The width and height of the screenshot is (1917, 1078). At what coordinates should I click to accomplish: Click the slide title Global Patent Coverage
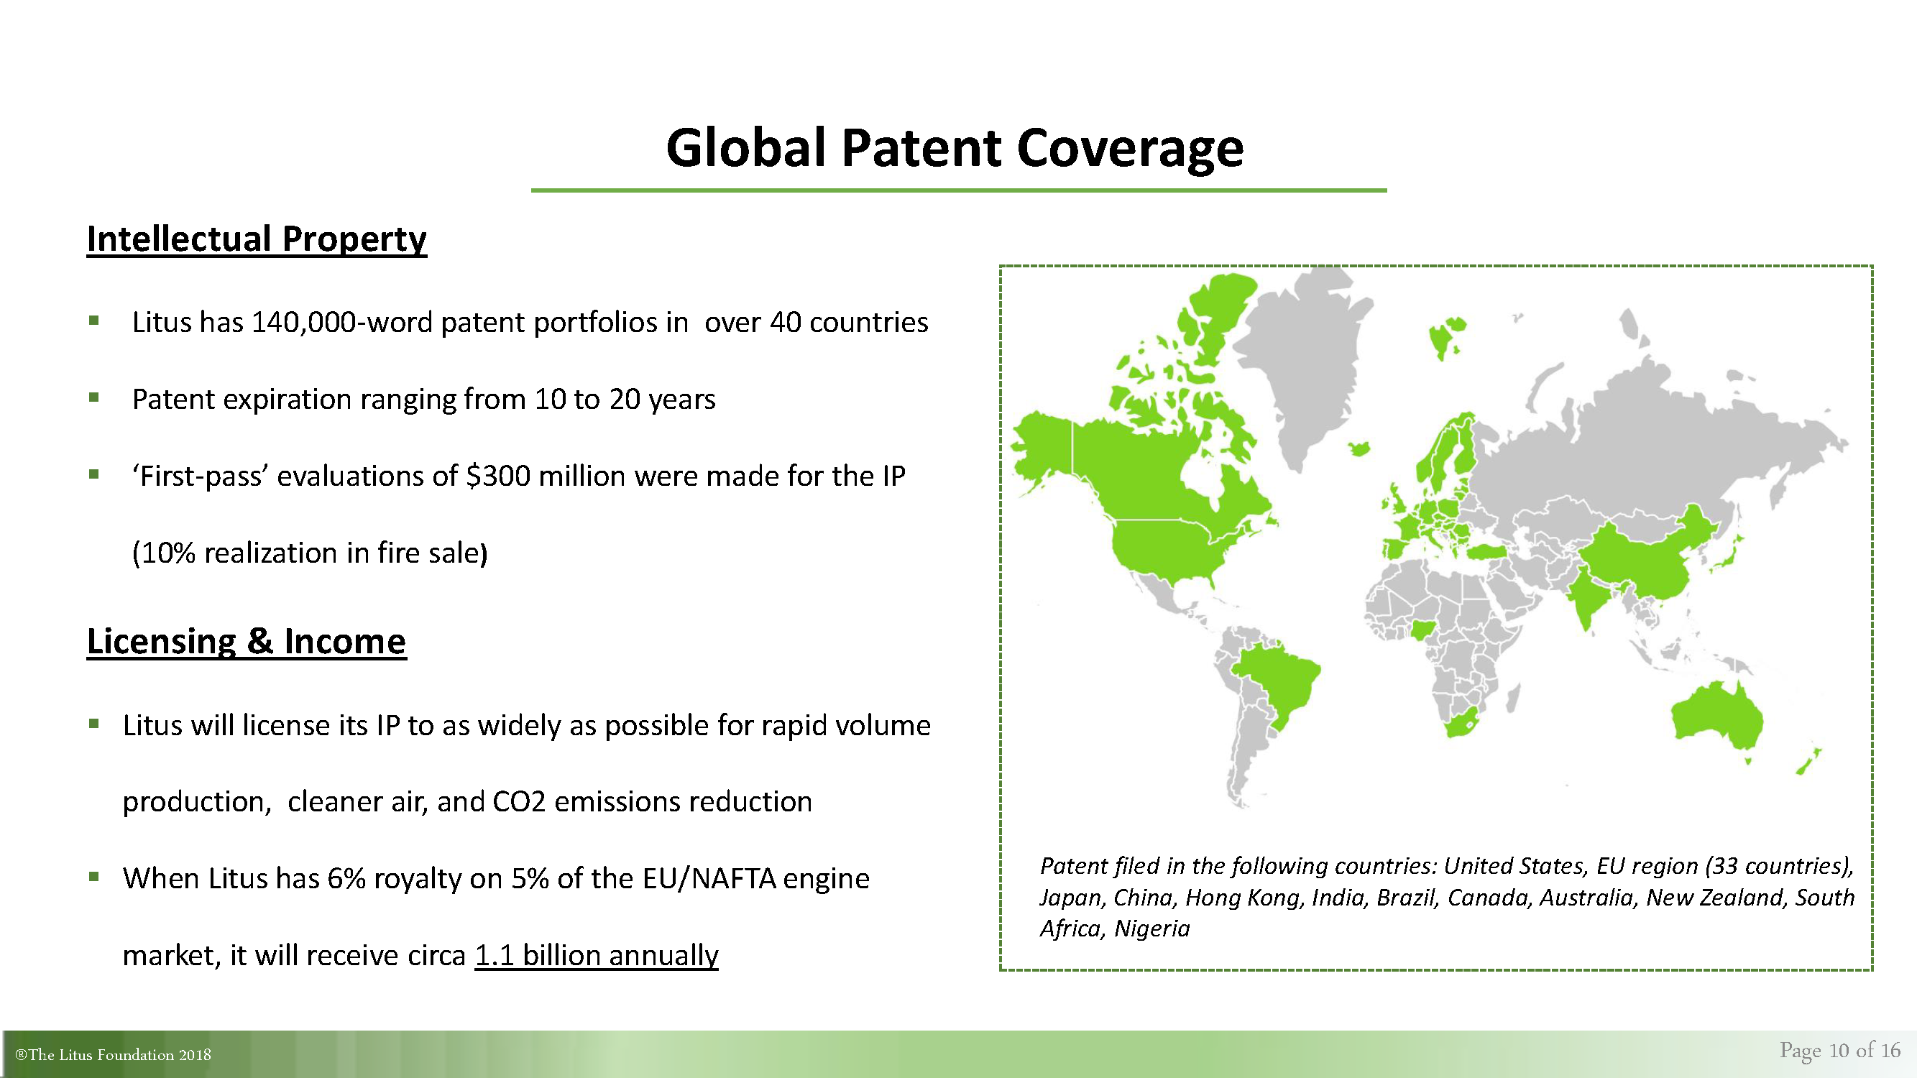[955, 147]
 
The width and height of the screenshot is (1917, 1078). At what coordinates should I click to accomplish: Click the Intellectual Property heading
[257, 239]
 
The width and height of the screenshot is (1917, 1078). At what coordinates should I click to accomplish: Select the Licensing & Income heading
[247, 641]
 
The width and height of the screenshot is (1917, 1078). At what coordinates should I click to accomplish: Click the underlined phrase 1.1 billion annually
[597, 955]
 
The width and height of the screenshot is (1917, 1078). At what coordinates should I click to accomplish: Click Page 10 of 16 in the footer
[1839, 1050]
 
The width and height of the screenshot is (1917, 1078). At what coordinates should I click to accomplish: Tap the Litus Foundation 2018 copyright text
[113, 1055]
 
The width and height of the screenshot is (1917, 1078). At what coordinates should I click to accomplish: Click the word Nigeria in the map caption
[1152, 929]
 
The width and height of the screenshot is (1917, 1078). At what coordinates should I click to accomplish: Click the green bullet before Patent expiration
[93, 397]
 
